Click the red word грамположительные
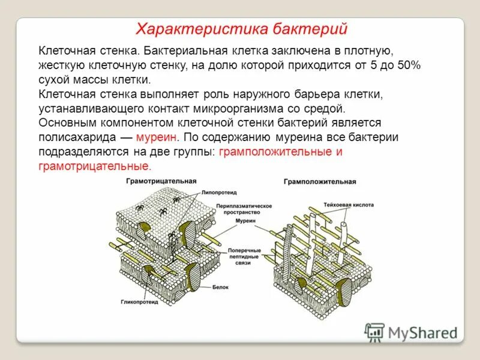point(274,151)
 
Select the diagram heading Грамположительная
point(320,181)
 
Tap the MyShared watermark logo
point(410,332)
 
